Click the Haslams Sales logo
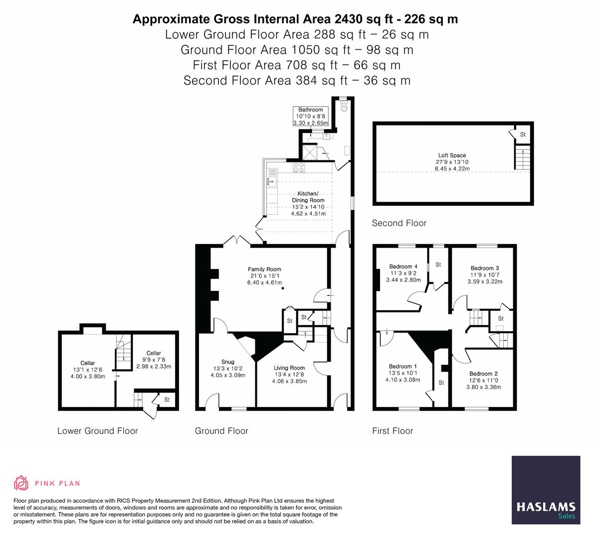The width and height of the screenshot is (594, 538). [x=546, y=490]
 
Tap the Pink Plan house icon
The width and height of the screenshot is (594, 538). [x=21, y=483]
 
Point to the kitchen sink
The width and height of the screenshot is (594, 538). [x=271, y=181]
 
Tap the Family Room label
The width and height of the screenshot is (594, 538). [x=264, y=269]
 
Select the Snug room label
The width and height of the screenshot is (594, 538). [x=227, y=362]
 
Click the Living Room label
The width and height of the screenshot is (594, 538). [x=289, y=368]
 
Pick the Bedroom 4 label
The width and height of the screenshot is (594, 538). [x=401, y=267]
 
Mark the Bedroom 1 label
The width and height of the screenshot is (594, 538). [x=400, y=366]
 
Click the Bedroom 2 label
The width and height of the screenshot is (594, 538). [x=483, y=374]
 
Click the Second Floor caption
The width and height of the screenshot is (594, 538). [x=399, y=223]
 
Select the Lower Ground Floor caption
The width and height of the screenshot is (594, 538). [x=97, y=431]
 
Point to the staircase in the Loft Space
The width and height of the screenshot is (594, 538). [x=522, y=158]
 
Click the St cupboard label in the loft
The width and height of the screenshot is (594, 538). [x=523, y=134]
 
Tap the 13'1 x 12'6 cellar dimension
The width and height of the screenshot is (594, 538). [x=88, y=370]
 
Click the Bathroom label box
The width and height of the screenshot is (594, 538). [x=310, y=116]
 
